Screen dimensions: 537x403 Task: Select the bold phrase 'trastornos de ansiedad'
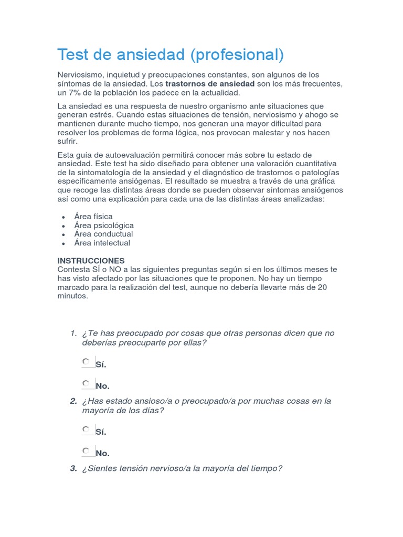pyautogui.click(x=210, y=84)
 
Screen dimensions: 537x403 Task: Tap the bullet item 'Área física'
pyautogui.click(x=93, y=216)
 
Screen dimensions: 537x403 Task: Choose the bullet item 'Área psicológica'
pyautogui.click(x=104, y=225)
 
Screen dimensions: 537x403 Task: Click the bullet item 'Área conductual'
pyautogui.click(x=103, y=234)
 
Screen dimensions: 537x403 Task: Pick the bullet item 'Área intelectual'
pyautogui.click(x=102, y=243)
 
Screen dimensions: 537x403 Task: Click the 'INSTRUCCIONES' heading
pyautogui.click(x=91, y=261)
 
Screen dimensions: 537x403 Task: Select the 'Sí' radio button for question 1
pyautogui.click(x=86, y=361)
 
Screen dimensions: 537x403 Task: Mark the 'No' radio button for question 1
pyautogui.click(x=86, y=383)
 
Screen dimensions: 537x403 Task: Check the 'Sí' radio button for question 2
pyautogui.click(x=86, y=429)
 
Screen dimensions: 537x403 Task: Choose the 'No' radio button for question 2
pyautogui.click(x=86, y=450)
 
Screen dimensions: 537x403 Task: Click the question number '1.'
pyautogui.click(x=73, y=334)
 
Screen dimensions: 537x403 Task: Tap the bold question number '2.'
pyautogui.click(x=73, y=401)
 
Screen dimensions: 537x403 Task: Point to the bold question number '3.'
pyautogui.click(x=73, y=469)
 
